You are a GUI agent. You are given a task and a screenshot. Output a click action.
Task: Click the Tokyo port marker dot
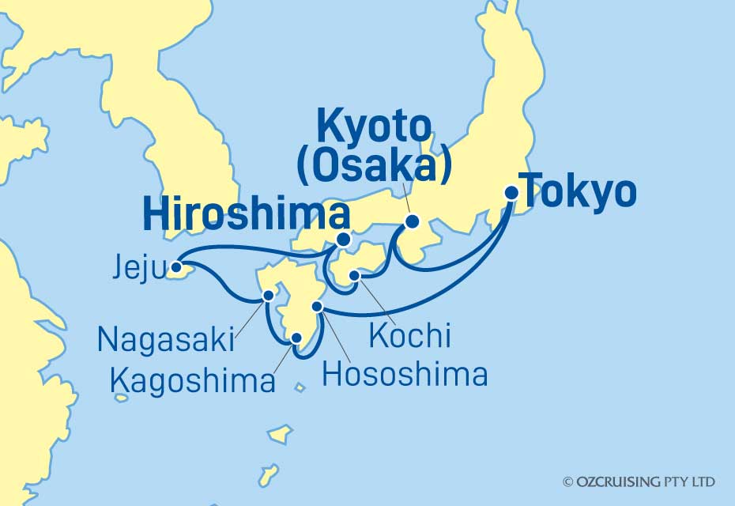pos(512,191)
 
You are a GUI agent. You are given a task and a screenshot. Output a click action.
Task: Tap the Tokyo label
pos(579,192)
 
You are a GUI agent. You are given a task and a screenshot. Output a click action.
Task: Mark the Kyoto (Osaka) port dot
pos(412,222)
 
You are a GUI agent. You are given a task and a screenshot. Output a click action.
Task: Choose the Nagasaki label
pos(166,339)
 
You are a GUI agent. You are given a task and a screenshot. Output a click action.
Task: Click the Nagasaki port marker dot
pos(269,296)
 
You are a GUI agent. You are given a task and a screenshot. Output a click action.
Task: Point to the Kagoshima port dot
pos(297,338)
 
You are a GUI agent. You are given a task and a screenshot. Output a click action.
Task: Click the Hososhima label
pos(405,374)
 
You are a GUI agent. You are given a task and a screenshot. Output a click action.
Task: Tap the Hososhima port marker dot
pos(317,306)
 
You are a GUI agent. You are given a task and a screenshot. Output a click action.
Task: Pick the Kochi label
pos(409,335)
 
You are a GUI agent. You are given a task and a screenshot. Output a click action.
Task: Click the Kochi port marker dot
pos(355,276)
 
